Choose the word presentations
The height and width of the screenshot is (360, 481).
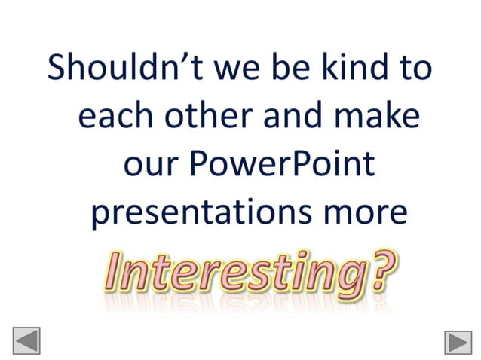click(x=191, y=213)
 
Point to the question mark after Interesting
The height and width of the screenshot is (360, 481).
click(x=381, y=267)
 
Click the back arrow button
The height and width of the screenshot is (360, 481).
click(x=26, y=340)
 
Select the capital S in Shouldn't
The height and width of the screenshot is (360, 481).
click(x=59, y=68)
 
